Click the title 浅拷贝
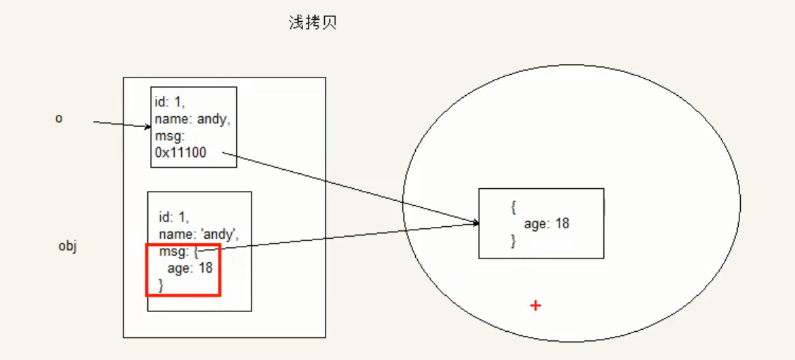pos(313,23)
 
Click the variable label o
pos(59,118)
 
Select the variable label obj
pos(67,247)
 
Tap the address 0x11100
pos(180,152)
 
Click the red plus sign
pos(536,305)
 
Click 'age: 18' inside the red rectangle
pos(190,268)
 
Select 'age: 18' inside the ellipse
pos(546,224)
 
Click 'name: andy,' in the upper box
pos(192,120)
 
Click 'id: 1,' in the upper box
pos(170,104)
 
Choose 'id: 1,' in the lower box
pos(174,216)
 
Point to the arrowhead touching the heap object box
pos(476,223)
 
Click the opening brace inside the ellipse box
pos(514,207)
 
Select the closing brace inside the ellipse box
pos(514,241)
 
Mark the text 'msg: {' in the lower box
pos(179,251)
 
